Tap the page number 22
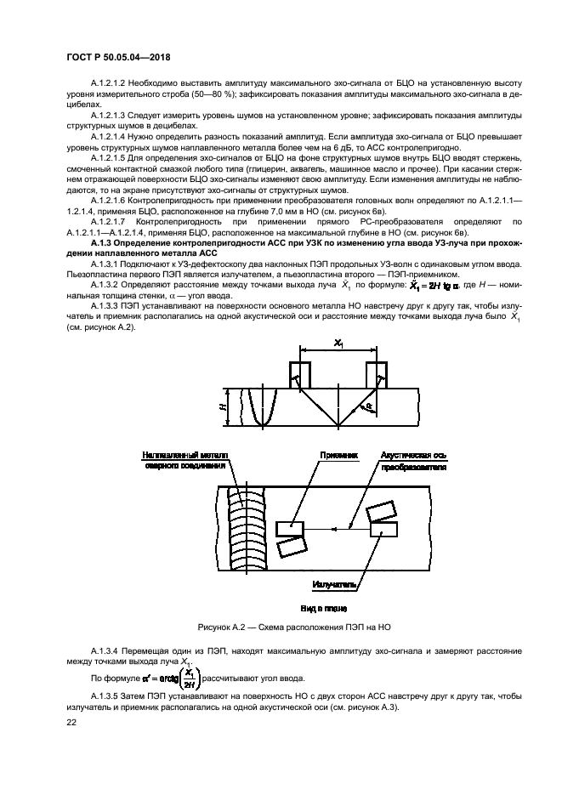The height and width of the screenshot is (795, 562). pos(71,721)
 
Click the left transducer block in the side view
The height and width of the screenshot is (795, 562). pos(301,375)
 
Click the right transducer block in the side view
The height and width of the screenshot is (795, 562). pos(377,375)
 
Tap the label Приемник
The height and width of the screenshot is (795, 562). pos(337,456)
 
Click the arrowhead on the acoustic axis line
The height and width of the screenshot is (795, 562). pos(336,529)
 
